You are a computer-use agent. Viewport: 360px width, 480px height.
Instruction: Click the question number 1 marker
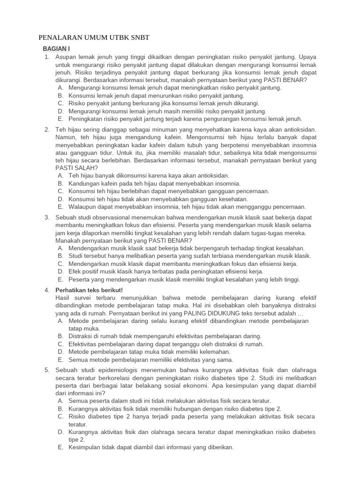[46, 57]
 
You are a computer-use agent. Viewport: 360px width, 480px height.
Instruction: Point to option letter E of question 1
[60, 119]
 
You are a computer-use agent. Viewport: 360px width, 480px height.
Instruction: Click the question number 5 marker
[46, 370]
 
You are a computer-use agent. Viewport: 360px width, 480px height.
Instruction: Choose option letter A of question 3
[60, 248]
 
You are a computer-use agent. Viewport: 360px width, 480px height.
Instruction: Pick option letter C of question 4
[60, 344]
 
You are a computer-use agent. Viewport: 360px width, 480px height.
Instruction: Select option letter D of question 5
[60, 432]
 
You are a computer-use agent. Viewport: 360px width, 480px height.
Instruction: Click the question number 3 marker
[46, 218]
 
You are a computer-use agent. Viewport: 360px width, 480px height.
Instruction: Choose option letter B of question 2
[60, 183]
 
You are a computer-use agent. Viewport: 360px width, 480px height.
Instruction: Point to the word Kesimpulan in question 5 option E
[86, 447]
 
